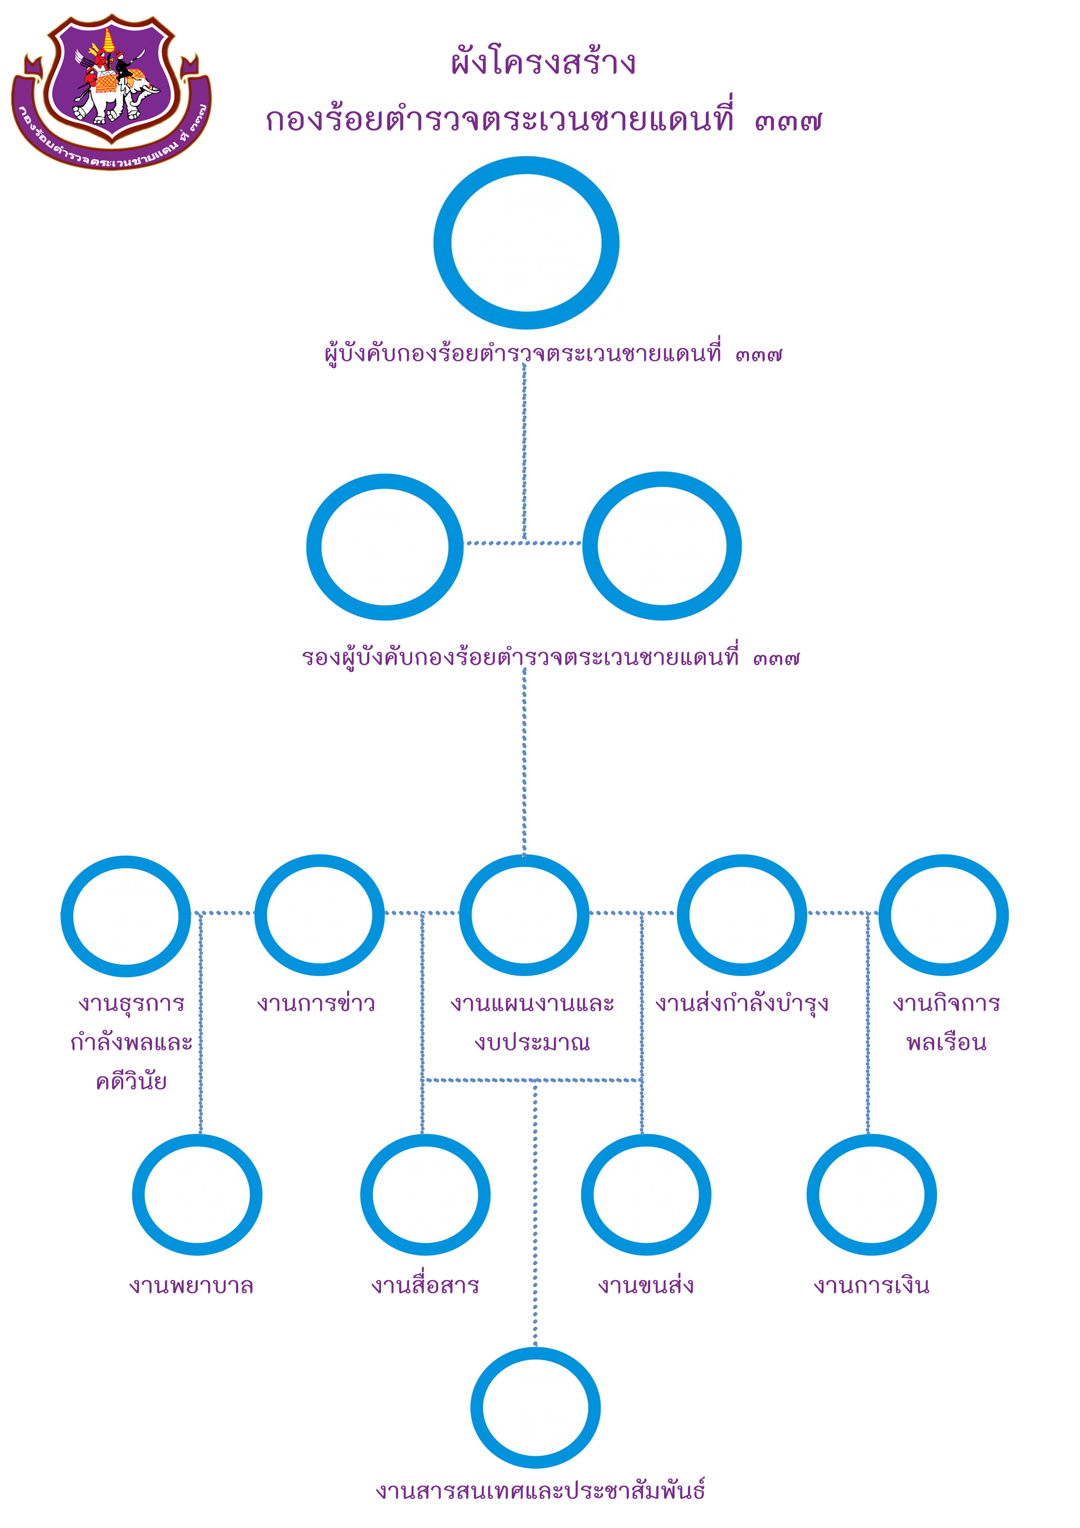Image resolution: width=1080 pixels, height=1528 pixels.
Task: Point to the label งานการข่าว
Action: tap(316, 1003)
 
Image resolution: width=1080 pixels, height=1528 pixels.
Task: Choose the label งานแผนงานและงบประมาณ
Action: tap(532, 1022)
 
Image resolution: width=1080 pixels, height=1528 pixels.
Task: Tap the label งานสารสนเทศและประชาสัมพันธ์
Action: tap(540, 1491)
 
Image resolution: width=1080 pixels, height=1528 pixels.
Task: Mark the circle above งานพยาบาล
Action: tap(197, 1195)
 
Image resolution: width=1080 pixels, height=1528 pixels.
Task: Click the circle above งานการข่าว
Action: tap(319, 916)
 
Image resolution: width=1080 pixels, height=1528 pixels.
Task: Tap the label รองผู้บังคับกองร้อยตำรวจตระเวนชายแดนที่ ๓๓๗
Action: tap(551, 658)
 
